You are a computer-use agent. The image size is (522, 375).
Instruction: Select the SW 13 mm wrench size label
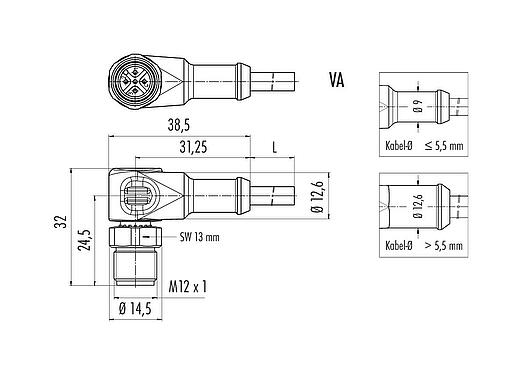pyautogui.click(x=200, y=237)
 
